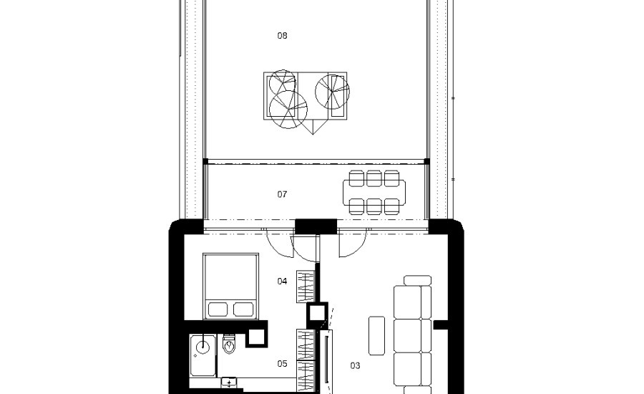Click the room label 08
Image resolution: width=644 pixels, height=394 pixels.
pos(282,36)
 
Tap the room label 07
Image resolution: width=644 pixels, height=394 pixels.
pos(282,194)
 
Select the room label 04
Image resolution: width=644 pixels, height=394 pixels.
pos(282,282)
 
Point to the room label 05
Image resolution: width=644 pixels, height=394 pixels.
pos(282,364)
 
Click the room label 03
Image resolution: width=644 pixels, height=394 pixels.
pos(355,365)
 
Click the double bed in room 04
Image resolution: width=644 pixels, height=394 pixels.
pos(231,286)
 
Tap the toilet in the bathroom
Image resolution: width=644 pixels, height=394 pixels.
pos(229,345)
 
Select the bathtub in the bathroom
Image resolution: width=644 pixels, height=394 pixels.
pos(203,356)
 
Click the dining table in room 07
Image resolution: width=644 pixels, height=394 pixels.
pos(374,193)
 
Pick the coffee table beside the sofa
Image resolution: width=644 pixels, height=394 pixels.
pos(376,335)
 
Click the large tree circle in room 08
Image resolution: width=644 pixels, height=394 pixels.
pos(288,110)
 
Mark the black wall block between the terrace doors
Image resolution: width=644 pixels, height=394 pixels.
pos(316,226)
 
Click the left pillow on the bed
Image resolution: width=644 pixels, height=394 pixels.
pos(218,309)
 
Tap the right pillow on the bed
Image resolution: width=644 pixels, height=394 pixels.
pos(243,309)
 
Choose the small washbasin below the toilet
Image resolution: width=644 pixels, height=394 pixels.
pos(229,383)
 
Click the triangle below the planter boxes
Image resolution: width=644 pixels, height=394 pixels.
pos(313,127)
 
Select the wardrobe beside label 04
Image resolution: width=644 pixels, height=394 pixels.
pos(306,287)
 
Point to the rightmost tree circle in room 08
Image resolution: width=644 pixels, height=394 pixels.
pos(332,92)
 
